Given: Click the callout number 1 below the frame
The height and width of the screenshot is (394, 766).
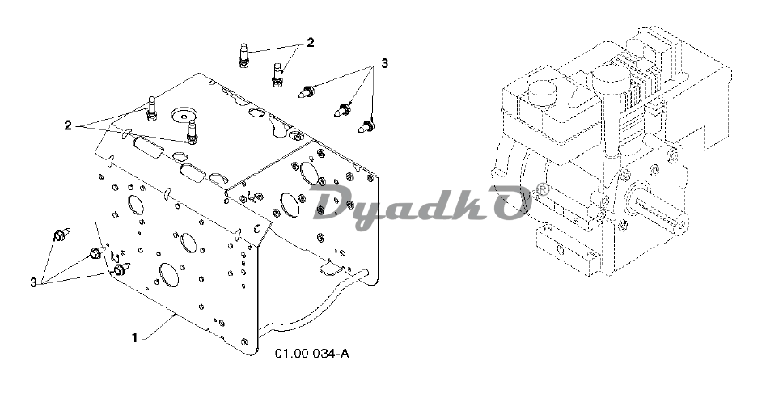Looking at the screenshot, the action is coord(135,337).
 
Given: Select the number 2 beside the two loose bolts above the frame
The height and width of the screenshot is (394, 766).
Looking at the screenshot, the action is coord(311,42).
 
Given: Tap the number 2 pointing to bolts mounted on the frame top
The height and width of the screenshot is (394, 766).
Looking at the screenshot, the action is coord(68,125).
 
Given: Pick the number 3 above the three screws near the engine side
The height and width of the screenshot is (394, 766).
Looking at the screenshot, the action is coord(384,64).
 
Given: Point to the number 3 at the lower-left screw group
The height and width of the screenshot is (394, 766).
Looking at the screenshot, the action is coord(33,282).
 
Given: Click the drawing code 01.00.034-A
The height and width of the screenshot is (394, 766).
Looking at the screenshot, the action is coord(312,354).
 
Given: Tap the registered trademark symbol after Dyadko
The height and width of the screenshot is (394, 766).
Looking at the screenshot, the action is coord(542,189).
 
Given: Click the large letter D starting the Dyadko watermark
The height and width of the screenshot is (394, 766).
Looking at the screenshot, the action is coord(334,201).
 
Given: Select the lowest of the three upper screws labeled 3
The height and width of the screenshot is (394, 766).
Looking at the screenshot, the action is coord(366,127).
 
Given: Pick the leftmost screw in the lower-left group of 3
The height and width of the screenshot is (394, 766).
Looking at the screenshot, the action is coord(61,234).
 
